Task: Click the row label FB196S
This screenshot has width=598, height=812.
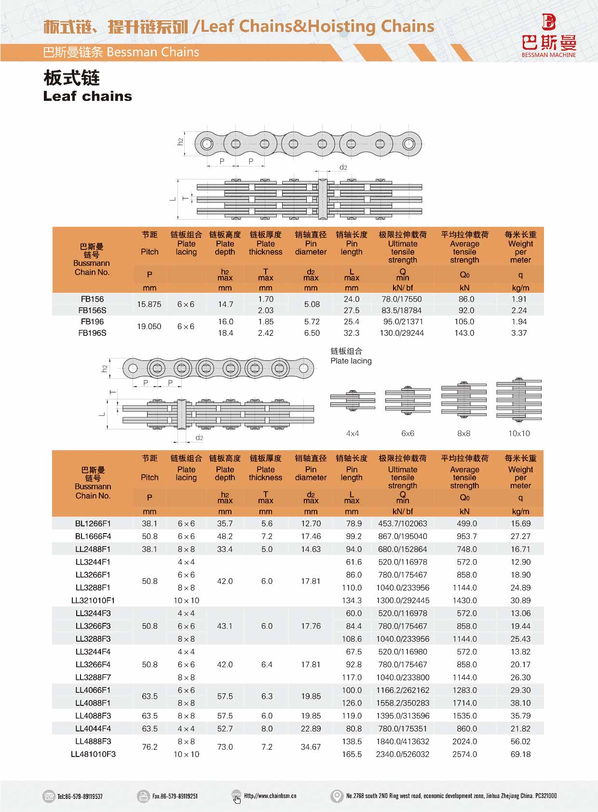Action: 92,333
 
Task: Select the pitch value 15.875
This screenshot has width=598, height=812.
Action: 149,304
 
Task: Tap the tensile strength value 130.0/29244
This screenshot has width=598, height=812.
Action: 402,333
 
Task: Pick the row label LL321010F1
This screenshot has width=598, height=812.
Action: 93,601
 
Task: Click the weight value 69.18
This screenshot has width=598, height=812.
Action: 520,754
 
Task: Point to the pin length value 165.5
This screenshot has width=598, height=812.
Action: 352,754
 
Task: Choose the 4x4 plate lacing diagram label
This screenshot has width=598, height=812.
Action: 353,433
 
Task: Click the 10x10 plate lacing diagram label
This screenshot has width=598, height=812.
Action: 519,433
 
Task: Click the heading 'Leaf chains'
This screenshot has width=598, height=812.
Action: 87,96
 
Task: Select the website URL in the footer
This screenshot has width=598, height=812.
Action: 270,796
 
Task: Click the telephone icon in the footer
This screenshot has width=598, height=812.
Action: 49,796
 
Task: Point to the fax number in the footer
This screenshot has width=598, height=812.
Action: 175,796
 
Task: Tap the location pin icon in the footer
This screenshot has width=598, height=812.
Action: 337,796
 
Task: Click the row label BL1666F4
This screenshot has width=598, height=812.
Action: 93,537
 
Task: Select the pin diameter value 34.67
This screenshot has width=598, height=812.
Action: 311,747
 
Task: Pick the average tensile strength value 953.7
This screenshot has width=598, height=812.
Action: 464,537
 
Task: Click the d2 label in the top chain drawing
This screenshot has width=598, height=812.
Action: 343,167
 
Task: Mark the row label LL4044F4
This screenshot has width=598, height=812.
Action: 93,729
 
